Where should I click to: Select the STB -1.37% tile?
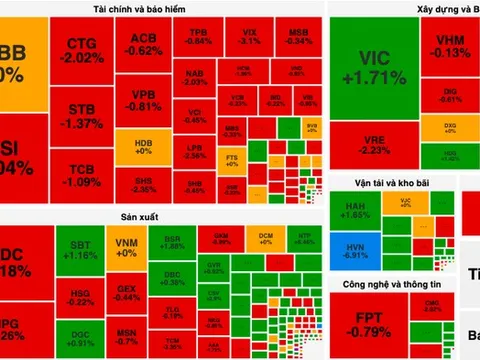pos(83,115)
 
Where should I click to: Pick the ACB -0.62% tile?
pos(146,45)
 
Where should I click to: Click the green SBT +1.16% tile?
pos(83,251)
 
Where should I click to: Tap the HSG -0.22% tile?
pos(83,295)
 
